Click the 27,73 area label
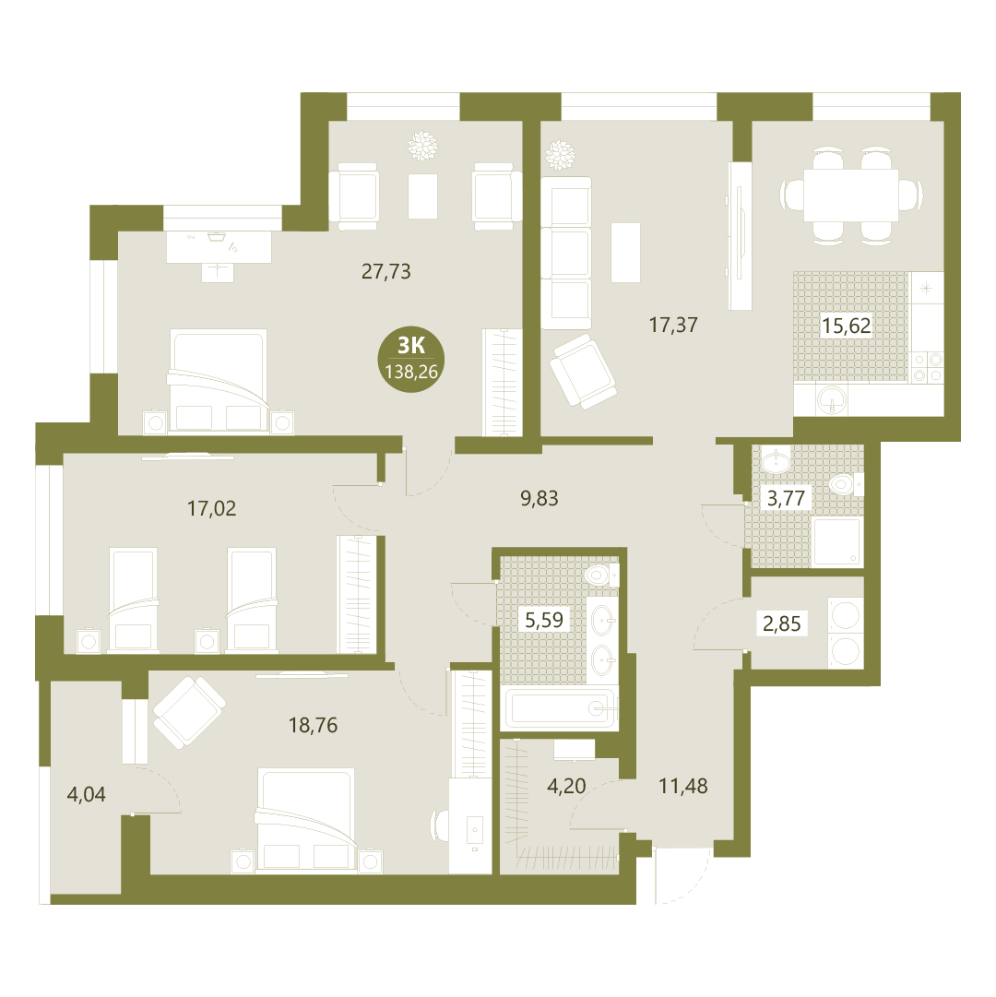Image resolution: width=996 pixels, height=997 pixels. tap(385, 271)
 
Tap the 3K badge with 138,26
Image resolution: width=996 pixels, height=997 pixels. tap(411, 359)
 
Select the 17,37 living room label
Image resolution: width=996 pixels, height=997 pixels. tap(673, 325)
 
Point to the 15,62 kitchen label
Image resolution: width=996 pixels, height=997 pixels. tap(846, 326)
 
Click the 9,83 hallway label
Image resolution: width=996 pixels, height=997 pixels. tap(539, 498)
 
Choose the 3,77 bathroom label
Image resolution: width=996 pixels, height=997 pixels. tap(786, 498)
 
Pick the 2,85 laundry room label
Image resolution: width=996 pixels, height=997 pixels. tap(781, 623)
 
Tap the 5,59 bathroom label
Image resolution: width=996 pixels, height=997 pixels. tap(543, 619)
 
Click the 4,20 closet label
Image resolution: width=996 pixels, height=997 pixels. tap(566, 785)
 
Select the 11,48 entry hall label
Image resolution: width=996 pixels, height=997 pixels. tap(682, 786)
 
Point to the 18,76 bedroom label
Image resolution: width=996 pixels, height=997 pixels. tap(313, 725)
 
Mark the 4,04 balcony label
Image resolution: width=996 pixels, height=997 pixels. tap(86, 794)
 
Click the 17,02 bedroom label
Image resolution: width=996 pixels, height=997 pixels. tap(211, 508)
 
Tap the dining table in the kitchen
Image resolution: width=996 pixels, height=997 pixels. tap(851, 195)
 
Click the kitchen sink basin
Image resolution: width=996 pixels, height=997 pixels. tap(832, 398)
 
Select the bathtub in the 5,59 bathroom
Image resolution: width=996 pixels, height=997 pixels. tap(560, 708)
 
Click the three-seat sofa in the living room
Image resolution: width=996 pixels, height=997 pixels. tap(565, 253)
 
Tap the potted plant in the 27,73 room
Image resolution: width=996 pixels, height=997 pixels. tap(422, 146)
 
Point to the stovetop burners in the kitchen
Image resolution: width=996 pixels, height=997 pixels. tap(928, 367)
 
